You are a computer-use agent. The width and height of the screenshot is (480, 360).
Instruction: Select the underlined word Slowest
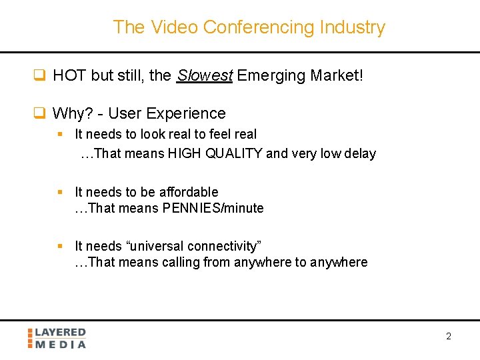(204, 75)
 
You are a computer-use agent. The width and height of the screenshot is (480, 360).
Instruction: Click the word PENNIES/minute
(212, 208)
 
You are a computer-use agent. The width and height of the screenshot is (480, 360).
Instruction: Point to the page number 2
(448, 336)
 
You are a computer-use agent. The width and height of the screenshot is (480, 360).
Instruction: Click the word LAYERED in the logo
(61, 332)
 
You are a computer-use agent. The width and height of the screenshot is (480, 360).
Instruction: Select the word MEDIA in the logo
(61, 344)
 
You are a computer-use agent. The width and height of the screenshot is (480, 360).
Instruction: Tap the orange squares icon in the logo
(30, 338)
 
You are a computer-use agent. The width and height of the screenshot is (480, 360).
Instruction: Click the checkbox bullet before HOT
(39, 75)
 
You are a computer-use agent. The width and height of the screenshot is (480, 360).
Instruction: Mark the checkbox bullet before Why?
(39, 113)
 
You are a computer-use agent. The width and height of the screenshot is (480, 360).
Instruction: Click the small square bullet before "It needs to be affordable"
(60, 192)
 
